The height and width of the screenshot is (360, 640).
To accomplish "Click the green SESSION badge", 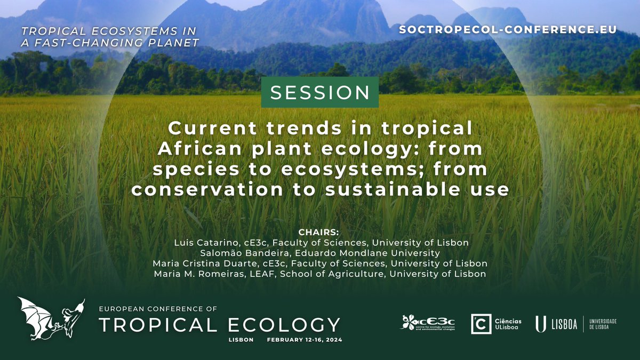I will click(x=320, y=92).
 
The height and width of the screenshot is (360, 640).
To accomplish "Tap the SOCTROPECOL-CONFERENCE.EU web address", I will click(x=507, y=29).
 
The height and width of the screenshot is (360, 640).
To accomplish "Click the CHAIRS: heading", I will click(x=319, y=233).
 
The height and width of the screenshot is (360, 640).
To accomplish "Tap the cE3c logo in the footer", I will click(x=427, y=323).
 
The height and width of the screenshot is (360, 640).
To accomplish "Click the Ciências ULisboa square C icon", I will click(x=481, y=324).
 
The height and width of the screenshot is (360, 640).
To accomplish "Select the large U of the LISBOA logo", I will click(x=540, y=324).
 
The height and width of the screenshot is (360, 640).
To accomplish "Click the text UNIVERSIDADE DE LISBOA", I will click(x=602, y=324).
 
